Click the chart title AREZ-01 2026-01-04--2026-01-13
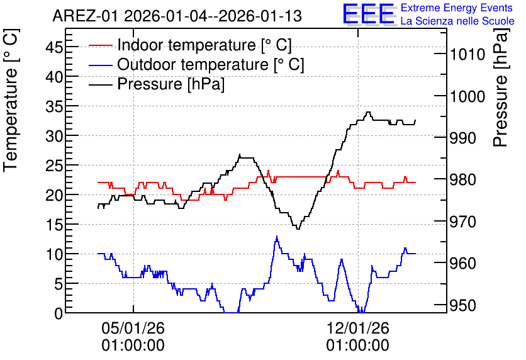pos(177,16)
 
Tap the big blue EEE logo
pos(368,14)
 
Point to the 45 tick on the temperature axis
pos(54,47)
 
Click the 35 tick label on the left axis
pos(54,106)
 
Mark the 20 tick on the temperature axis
pos(54,195)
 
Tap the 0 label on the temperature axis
pos(59,313)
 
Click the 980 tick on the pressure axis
pos(463,180)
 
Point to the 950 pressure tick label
pos(463,306)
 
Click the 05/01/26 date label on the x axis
pos(133,328)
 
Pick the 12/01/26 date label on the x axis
pos(357,328)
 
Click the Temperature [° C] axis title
pos(11,101)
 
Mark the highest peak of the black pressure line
pos(368,112)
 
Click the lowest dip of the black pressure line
pos(298,229)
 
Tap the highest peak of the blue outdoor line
pos(277,236)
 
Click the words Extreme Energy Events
pos(457,8)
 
